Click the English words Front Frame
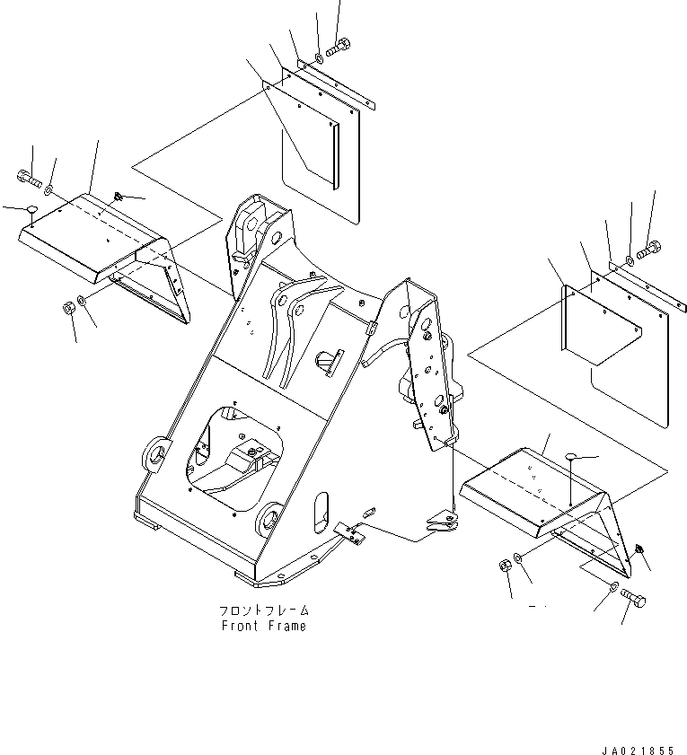coord(263,626)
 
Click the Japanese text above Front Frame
coord(264,610)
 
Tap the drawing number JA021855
coord(638,751)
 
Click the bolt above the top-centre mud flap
coord(339,47)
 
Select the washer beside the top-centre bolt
coord(320,59)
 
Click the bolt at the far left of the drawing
coord(30,178)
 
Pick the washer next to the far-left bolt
coord(48,190)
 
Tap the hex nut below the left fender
coord(68,307)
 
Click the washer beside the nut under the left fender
coord(82,301)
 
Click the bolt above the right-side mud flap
coord(649,250)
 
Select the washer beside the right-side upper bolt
coord(630,260)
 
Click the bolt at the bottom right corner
coord(633,598)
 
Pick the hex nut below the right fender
coord(505,566)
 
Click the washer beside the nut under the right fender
coord(518,558)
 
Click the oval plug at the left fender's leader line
coord(31,209)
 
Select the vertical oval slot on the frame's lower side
coord(321,513)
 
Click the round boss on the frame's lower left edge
coord(155,454)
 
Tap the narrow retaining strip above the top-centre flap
coord(336,84)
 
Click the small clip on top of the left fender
coord(119,196)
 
